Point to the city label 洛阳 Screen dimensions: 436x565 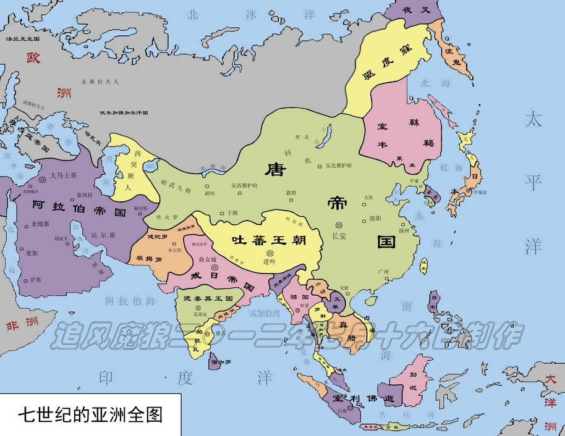coord(375,219)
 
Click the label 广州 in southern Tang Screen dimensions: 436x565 coord(383,272)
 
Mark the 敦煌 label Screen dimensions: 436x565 coord(291,193)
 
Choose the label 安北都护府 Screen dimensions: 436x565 coord(338,166)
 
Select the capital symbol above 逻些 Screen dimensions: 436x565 coord(270,253)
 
